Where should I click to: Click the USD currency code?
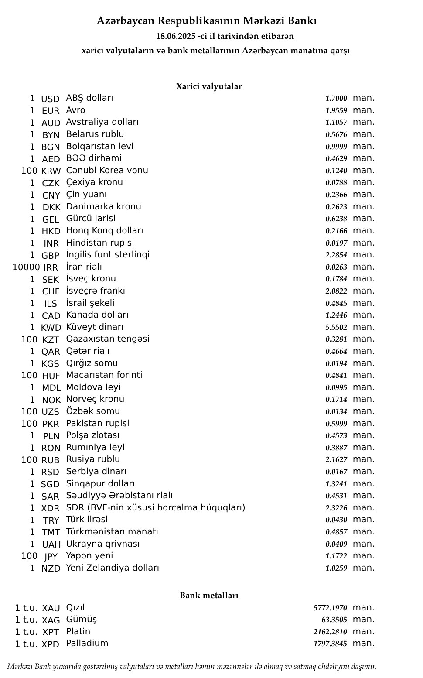(50, 99)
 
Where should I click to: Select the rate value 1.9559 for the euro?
(336, 111)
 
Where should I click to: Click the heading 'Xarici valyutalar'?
(209, 86)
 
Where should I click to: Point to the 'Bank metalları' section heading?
(209, 596)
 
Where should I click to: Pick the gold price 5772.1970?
(330, 608)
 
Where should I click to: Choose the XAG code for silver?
(51, 620)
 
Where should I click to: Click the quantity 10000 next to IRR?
(26, 267)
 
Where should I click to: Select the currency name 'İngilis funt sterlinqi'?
(108, 254)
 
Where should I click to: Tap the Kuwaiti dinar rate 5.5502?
(336, 327)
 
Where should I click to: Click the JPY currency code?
(51, 556)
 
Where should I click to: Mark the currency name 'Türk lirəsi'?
(87, 519)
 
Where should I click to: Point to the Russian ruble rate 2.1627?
(336, 459)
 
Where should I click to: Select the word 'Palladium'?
(87, 643)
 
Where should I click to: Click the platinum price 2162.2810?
(330, 632)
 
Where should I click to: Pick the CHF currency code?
(51, 291)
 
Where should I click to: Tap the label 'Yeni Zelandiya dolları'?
(113, 568)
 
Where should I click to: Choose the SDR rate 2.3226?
(336, 508)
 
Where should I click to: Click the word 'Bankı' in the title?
(305, 21)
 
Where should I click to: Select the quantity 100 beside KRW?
(29, 171)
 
